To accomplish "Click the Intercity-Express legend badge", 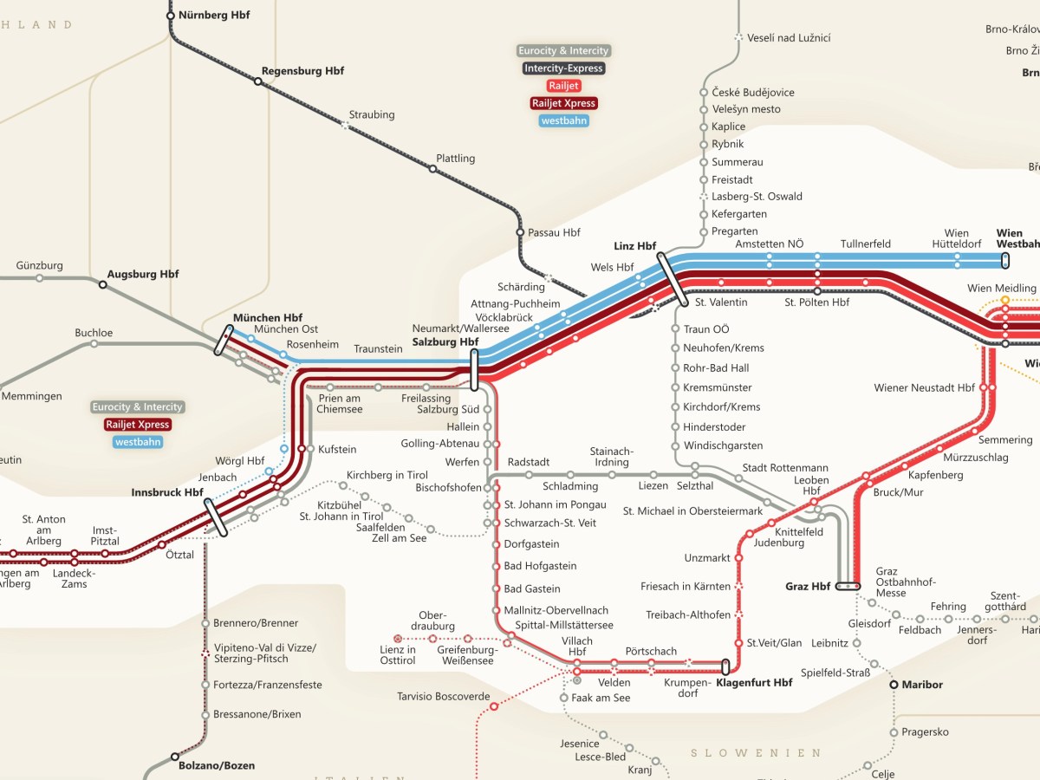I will coord(563,68).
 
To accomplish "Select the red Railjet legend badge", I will coord(563,86).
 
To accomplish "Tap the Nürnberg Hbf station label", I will coord(214,15).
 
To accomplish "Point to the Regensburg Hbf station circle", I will coord(257,81).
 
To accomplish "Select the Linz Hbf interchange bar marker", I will coord(673,276).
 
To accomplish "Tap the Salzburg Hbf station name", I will coord(445,342).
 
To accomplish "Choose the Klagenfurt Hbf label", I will coord(754,683).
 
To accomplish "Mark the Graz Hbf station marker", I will coord(847,587).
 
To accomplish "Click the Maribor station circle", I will coord(894,685).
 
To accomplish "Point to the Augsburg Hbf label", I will coord(143,274).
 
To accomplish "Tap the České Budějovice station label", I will coord(752,92).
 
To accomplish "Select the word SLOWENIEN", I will coord(755,753).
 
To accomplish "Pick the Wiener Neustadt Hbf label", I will coord(924,387).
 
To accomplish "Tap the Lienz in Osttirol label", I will coord(398,655).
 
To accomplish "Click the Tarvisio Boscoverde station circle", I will coord(494,707).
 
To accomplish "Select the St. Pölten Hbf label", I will coord(816,302).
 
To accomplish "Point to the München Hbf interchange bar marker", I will coord(224,340).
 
